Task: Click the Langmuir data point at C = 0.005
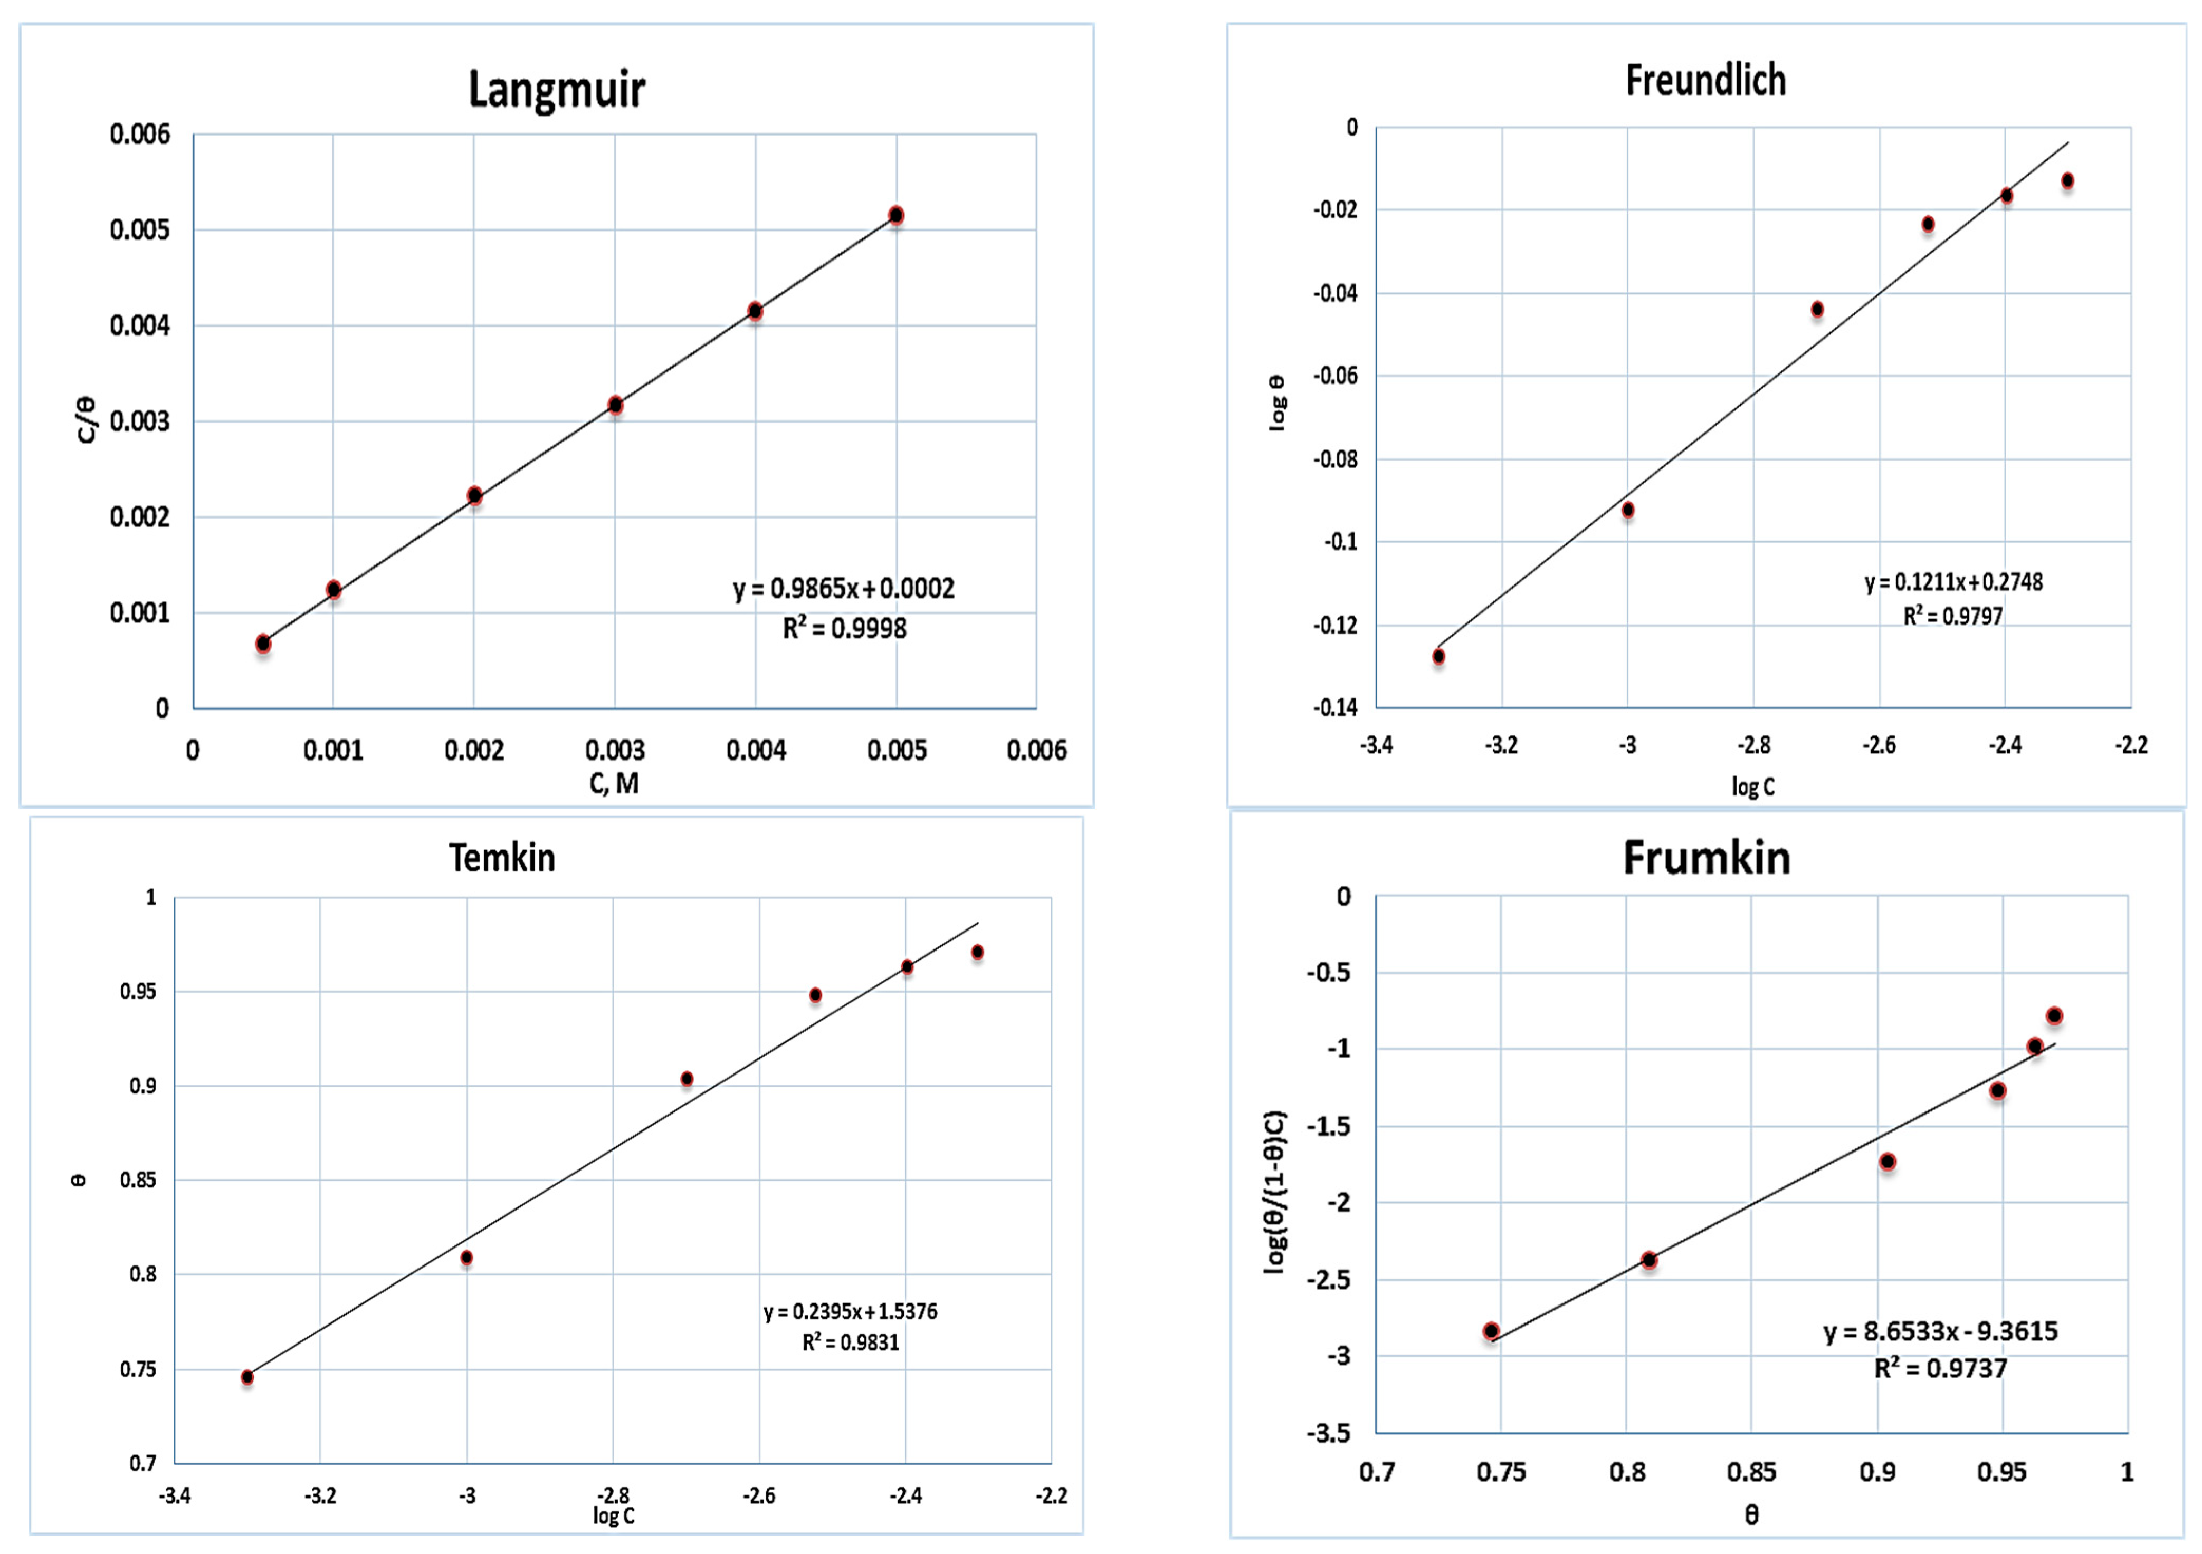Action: pyautogui.click(x=896, y=215)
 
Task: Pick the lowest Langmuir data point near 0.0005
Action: pyautogui.click(x=263, y=643)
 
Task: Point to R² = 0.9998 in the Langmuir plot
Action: pyautogui.click(x=844, y=628)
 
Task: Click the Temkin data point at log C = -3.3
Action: pyautogui.click(x=247, y=1377)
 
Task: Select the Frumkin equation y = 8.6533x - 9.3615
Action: pyautogui.click(x=1940, y=1331)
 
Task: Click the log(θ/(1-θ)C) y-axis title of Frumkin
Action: pyautogui.click(x=1274, y=1192)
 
